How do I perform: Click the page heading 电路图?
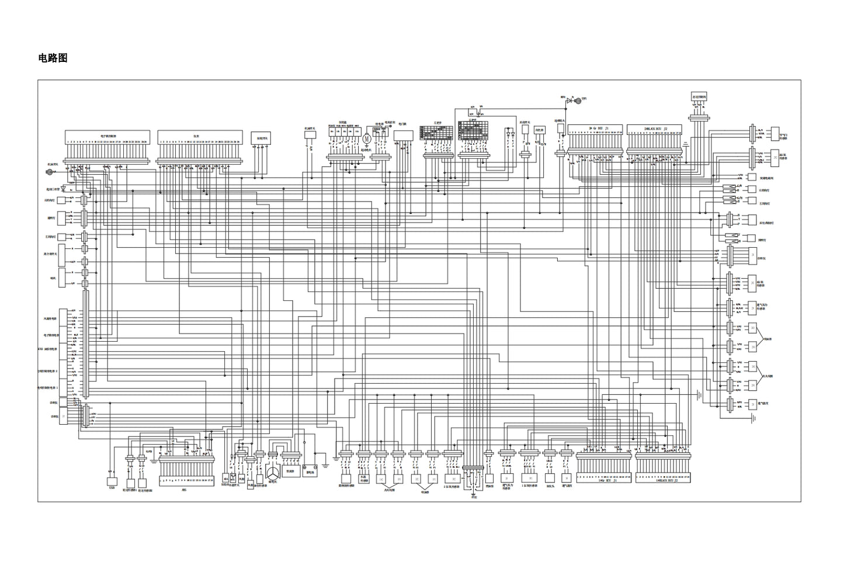[x=53, y=58]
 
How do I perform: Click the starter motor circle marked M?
[x=367, y=138]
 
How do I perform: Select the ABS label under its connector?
[x=184, y=491]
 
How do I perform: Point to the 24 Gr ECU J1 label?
[x=598, y=127]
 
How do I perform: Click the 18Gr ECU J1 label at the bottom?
[x=604, y=481]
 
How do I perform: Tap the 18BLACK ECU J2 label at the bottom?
[x=663, y=481]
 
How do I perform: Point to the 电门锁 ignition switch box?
[x=403, y=135]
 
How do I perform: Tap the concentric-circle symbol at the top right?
[x=578, y=101]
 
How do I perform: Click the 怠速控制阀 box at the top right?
[x=699, y=98]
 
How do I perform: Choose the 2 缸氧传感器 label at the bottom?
[x=452, y=485]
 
